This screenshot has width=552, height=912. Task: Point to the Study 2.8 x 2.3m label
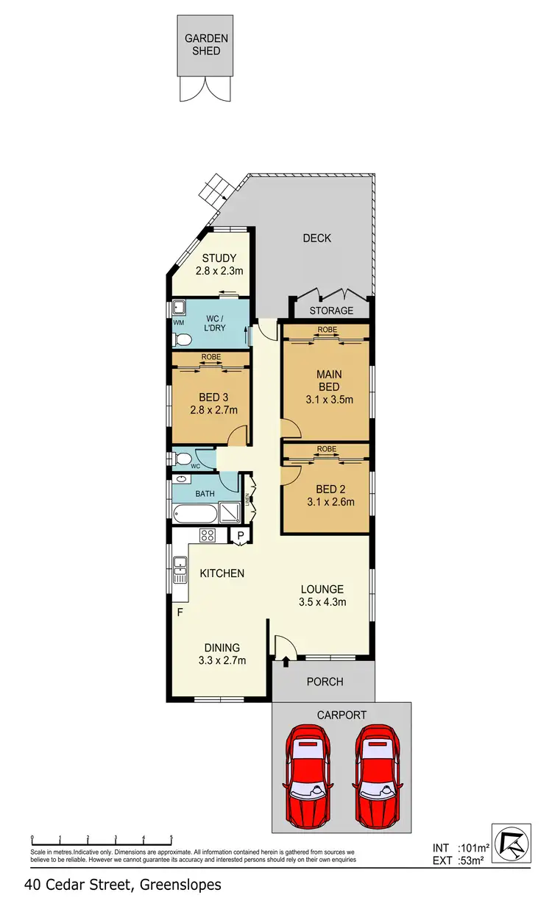[x=219, y=264]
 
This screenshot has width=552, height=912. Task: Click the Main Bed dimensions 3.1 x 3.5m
[x=329, y=400]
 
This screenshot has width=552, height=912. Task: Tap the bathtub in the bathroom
[x=196, y=512]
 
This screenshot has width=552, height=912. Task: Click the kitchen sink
[x=180, y=570]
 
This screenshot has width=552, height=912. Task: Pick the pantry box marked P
[x=240, y=537]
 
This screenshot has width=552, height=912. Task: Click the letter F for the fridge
[x=177, y=612]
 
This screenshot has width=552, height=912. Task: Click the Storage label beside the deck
[x=330, y=311]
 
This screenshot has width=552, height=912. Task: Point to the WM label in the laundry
[x=178, y=322]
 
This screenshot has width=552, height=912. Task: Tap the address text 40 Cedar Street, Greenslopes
[x=122, y=885]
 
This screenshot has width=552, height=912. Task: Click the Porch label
[x=325, y=682]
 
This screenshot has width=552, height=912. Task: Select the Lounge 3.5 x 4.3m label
[x=322, y=595]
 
